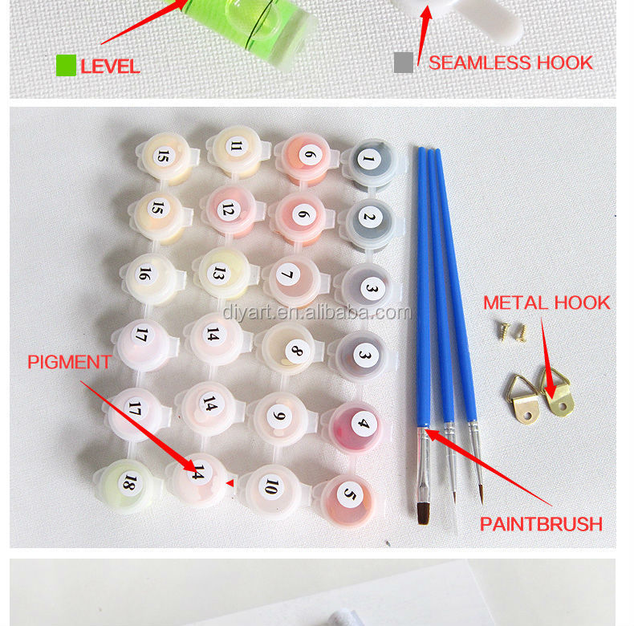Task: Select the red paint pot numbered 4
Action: click(x=356, y=428)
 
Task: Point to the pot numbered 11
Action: click(x=238, y=150)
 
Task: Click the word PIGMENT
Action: click(x=69, y=362)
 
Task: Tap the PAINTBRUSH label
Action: click(x=541, y=524)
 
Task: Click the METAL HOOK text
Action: click(x=547, y=303)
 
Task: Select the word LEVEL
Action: click(x=110, y=67)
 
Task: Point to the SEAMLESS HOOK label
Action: click(x=510, y=63)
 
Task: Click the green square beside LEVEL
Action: click(x=66, y=66)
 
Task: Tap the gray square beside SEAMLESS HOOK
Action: click(x=404, y=63)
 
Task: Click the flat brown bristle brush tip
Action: click(x=423, y=514)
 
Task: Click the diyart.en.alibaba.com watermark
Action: click(x=317, y=312)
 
